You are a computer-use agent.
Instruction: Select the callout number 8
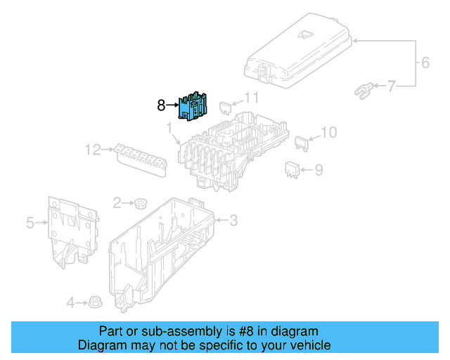[161, 106]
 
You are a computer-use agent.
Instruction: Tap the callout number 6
[425, 63]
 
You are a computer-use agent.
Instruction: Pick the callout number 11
[252, 98]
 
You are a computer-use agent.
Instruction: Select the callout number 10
[329, 131]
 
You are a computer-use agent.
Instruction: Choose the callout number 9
[319, 169]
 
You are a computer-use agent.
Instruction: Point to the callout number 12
[93, 149]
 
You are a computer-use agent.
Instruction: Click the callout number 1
[169, 127]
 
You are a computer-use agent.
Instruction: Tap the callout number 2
[117, 202]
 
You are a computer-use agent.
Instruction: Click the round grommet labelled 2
[141, 205]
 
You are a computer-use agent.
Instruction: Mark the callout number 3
[233, 221]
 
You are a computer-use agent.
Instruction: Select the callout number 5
[30, 223]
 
